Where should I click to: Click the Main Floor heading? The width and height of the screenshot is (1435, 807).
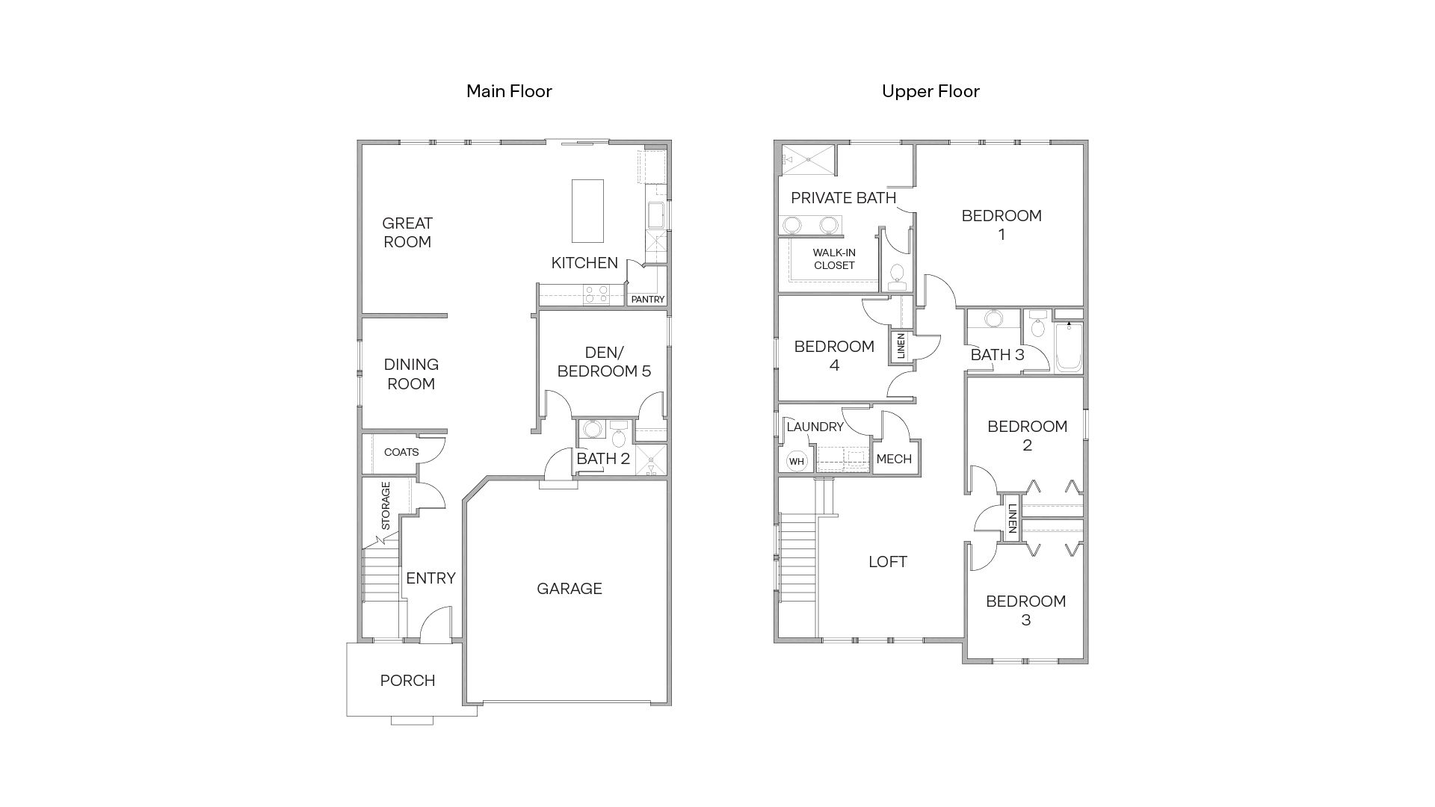point(509,91)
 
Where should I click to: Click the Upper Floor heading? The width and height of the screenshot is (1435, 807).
point(931,91)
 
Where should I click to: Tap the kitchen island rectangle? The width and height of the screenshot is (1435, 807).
point(587,211)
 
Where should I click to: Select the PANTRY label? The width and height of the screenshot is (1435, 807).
point(647,299)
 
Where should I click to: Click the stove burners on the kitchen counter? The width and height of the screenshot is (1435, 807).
point(596,294)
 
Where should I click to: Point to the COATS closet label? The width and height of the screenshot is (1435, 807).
point(401,452)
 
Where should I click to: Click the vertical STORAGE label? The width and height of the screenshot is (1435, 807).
point(386,506)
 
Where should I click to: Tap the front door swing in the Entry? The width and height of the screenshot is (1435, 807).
point(437,625)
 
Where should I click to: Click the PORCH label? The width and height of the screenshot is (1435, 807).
point(407,681)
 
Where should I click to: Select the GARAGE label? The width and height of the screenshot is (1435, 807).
point(570,589)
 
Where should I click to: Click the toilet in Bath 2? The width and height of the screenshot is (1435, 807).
point(619,435)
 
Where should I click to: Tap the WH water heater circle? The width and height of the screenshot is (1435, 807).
point(797,461)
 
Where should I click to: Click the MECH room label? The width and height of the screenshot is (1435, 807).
point(894,459)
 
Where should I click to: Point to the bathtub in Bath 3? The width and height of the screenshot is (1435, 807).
point(1069,347)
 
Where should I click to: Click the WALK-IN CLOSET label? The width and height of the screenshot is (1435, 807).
point(834,259)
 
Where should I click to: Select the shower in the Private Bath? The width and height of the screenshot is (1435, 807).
point(807,160)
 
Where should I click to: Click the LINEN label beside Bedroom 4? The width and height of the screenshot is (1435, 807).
point(901,346)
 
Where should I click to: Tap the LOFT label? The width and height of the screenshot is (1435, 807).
point(888,562)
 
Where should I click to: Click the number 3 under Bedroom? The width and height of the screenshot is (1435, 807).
point(1025,620)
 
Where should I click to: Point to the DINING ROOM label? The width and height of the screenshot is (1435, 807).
point(411,374)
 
